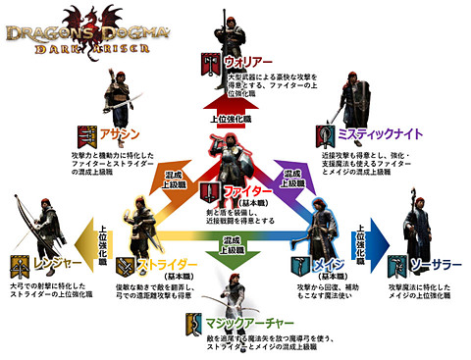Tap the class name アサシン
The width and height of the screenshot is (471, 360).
pos(121,134)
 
